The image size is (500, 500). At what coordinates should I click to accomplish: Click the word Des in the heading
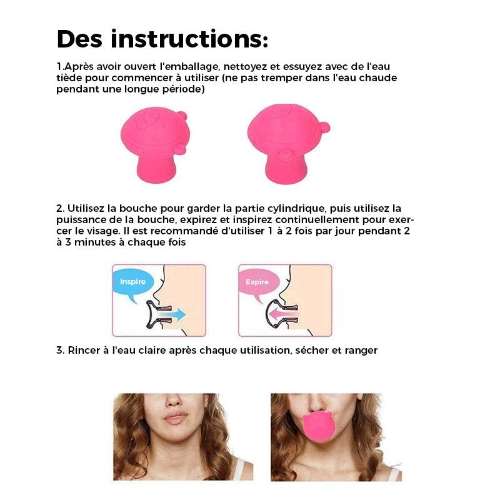pyautogui.click(x=79, y=39)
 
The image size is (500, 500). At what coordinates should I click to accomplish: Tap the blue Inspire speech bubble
pyautogui.click(x=133, y=282)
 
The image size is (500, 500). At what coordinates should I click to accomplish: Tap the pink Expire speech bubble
pyautogui.click(x=259, y=282)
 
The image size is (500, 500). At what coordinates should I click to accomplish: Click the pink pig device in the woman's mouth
pyautogui.click(x=317, y=427)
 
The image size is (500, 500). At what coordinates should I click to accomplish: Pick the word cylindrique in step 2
pyautogui.click(x=296, y=209)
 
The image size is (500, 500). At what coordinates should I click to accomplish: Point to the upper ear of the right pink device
pyautogui.click(x=324, y=127)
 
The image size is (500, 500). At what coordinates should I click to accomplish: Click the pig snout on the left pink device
pyautogui.click(x=148, y=119)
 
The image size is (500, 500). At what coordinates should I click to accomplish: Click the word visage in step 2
pyautogui.click(x=103, y=231)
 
